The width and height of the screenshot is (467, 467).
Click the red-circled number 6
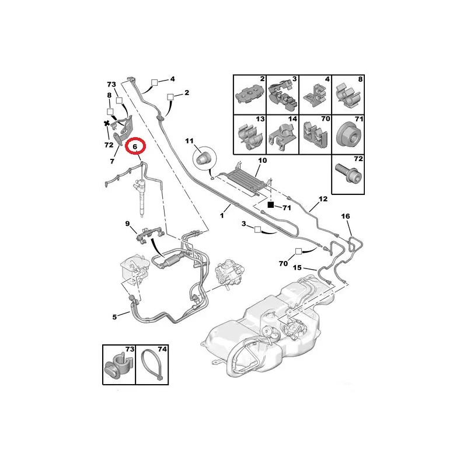point(135,147)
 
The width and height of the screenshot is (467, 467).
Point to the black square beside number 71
point(270,205)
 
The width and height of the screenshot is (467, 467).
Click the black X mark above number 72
point(107,123)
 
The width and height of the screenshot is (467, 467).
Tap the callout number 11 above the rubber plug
point(189,141)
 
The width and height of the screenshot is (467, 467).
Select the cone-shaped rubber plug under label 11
point(203,157)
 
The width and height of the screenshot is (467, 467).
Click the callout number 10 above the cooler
point(262,161)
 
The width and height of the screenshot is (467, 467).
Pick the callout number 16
point(346,216)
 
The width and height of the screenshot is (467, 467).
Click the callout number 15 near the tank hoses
point(297,267)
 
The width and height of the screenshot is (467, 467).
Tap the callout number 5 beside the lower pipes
point(114,317)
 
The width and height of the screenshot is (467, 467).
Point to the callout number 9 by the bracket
point(127,224)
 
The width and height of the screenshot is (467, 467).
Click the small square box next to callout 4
point(154,82)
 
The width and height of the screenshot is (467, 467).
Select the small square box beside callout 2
point(170,97)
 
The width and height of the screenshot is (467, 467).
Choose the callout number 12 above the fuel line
point(323,198)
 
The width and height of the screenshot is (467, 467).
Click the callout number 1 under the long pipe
point(222,215)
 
